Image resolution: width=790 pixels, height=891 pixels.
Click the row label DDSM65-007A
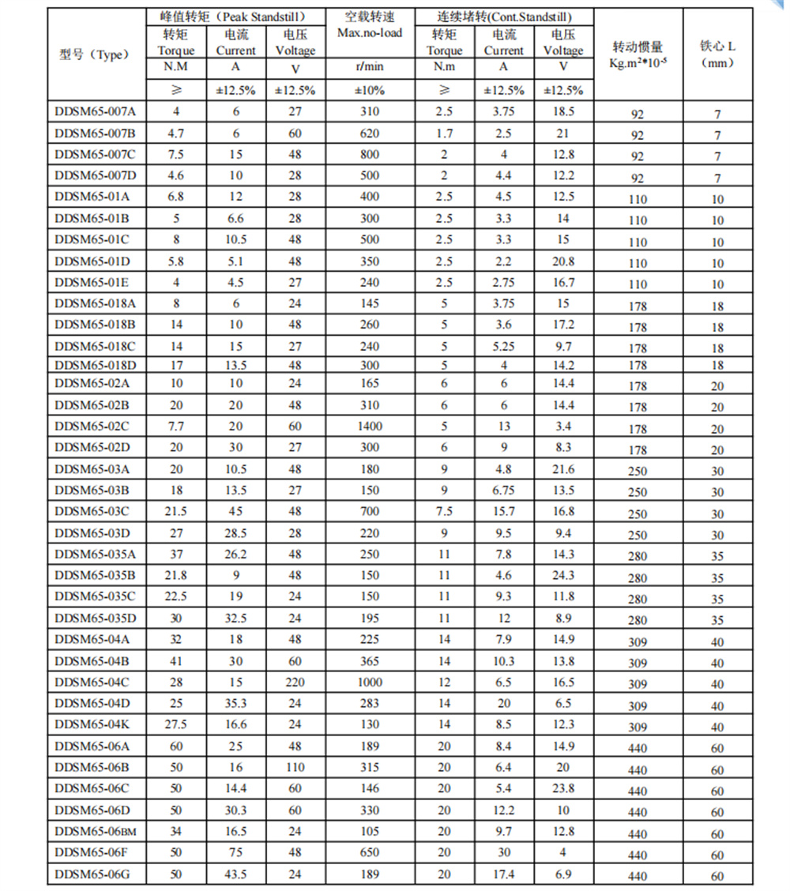pos(96,112)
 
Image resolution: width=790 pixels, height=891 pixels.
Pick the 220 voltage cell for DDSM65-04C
pos(295,682)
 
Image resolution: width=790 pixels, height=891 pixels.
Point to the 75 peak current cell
pos(235,853)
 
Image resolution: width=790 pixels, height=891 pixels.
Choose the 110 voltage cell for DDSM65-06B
pos(295,767)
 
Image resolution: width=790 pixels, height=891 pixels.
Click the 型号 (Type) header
pos(94,55)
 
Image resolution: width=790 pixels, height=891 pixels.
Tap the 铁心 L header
pos(717,47)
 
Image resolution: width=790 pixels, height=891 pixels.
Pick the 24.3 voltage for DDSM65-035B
pos(563,576)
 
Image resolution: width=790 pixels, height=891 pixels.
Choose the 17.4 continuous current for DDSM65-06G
pos(503,874)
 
